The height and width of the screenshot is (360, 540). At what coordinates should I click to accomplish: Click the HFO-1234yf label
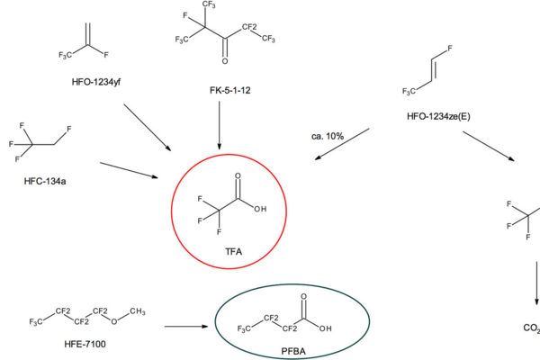tap(95, 82)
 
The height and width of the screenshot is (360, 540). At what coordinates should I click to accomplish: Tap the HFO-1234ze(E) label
tap(440, 115)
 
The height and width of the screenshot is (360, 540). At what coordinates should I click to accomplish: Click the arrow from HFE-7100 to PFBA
tap(185, 325)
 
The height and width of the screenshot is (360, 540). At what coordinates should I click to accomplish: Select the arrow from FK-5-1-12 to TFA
tap(220, 126)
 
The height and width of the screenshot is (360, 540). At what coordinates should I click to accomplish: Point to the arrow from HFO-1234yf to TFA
tap(148, 126)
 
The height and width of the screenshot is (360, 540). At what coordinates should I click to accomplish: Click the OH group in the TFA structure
tap(260, 208)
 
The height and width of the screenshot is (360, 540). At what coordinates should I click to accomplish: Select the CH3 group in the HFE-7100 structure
tap(136, 310)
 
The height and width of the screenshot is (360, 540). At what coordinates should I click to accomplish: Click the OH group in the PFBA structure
tap(325, 328)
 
